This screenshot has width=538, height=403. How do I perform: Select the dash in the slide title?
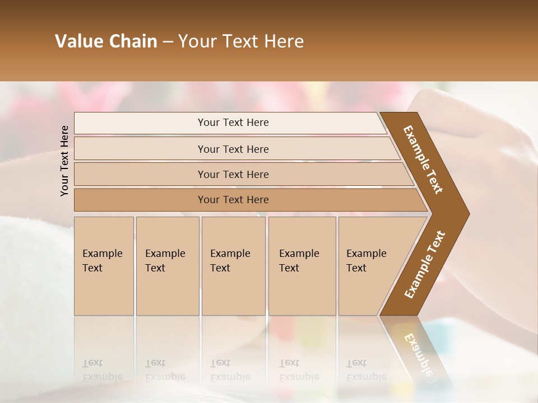coord(168,42)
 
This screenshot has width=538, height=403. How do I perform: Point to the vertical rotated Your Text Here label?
coord(64,161)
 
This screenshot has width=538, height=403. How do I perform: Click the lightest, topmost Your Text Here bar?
coord(233,123)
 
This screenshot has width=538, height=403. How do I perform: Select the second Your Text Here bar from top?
coord(233,149)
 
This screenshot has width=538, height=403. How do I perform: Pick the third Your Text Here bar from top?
coord(233,174)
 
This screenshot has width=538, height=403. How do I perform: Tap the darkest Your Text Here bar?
coord(233,200)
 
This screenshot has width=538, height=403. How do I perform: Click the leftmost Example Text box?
coord(104,266)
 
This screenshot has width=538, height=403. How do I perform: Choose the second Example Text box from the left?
coord(167,266)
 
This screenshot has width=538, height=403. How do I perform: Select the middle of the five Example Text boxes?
coord(233,266)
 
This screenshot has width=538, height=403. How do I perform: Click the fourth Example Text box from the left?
coord(302,266)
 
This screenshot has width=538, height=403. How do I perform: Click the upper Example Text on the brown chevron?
coord(423,160)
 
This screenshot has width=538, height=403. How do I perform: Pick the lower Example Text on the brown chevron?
coord(425,265)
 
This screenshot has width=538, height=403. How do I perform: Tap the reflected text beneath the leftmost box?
coord(103,370)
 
